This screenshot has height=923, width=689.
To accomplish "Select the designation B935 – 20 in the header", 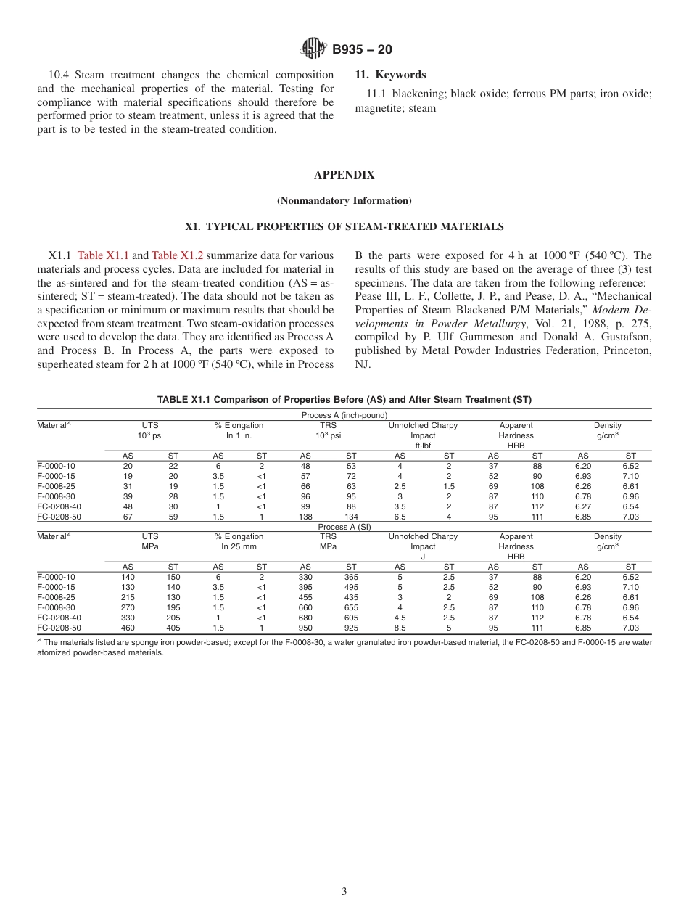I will tap(362, 49).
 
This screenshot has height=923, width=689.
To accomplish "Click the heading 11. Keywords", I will tap(390, 75).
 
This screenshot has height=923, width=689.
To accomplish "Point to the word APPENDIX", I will tap(344, 175).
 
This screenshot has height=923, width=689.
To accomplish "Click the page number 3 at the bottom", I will tap(344, 892).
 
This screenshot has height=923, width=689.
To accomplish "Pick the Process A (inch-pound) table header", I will tap(344, 415).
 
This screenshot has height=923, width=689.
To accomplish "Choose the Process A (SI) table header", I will tap(344, 527).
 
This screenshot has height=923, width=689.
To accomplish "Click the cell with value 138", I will tap(305, 517).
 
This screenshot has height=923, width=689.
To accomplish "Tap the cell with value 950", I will tap(305, 628).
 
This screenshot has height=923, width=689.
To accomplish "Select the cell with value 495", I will tap(351, 587).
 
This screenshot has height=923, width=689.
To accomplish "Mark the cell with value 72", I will tap(351, 476).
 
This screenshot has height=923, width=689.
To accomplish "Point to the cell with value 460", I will tap(128, 628).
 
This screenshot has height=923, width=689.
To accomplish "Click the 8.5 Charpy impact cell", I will tap(400, 628).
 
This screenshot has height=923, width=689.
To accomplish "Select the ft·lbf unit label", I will tap(423, 446).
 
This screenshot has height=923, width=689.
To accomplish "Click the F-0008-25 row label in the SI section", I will tap(56, 597).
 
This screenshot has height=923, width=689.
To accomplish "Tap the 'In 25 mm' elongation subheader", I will tap(239, 546).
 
